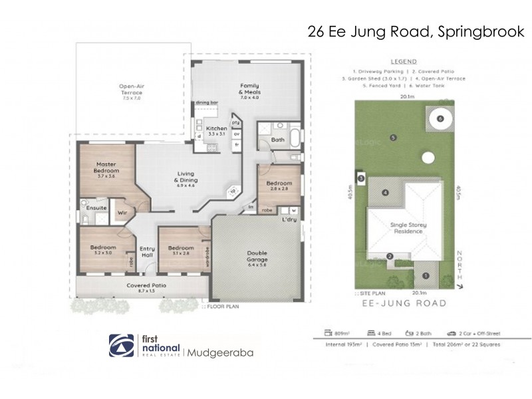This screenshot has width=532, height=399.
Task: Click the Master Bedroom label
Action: tap(106, 167)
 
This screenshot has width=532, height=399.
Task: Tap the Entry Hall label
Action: tap(146, 252)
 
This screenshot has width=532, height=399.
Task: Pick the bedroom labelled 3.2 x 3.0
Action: tap(103, 249)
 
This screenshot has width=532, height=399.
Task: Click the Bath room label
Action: tap(278, 140)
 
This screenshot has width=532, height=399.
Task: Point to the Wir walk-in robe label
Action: tap(122, 213)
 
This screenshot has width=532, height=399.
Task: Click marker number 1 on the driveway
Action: tap(426, 275)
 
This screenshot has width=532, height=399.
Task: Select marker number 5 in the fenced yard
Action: tap(394, 138)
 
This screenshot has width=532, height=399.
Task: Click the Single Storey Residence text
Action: tap(409, 229)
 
